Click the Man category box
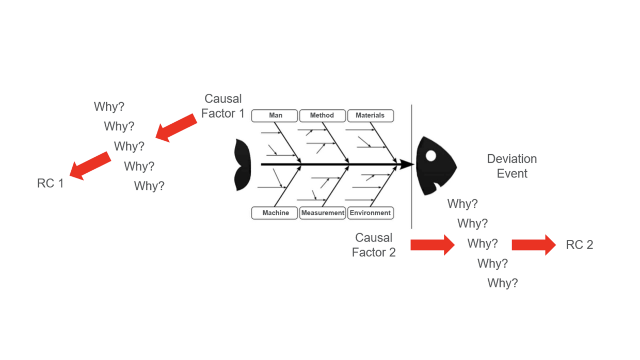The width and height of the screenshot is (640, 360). [x=275, y=116]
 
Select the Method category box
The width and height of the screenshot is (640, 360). [x=322, y=116]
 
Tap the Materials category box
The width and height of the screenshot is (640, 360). [x=370, y=116]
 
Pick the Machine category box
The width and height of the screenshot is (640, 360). [x=275, y=213]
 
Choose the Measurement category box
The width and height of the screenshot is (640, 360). [x=323, y=213]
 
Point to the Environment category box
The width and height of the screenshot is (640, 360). [x=370, y=213]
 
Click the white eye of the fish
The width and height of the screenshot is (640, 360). [x=431, y=155]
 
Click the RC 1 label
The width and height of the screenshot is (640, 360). [x=50, y=183]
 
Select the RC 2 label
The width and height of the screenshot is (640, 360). [x=580, y=245]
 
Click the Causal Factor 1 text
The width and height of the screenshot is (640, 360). [x=223, y=106]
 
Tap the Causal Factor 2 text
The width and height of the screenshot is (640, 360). [x=374, y=245]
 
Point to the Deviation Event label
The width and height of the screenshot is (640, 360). [x=512, y=166]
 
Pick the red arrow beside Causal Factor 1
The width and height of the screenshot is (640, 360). [x=176, y=128]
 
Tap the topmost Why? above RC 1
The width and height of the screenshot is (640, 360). [x=109, y=107]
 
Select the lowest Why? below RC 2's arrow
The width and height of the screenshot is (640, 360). [x=503, y=283]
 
